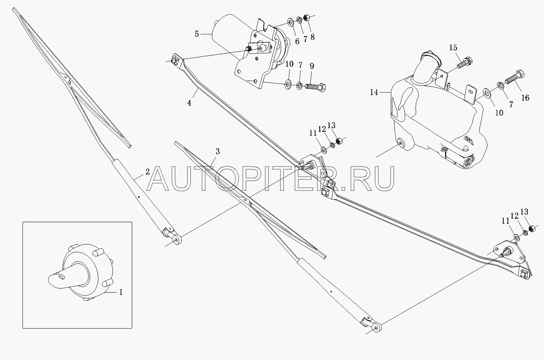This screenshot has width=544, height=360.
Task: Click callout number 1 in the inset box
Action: click(121, 292)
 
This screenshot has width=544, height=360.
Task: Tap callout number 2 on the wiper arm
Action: click(148, 172)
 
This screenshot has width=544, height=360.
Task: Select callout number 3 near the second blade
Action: click(217, 152)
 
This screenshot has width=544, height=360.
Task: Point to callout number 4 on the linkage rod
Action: click(189, 103)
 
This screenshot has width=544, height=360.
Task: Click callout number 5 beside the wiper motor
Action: click(197, 34)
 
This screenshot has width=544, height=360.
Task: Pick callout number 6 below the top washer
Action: click(297, 41)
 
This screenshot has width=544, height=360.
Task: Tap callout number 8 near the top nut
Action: click(313, 37)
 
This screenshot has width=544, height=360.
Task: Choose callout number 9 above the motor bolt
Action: click(312, 66)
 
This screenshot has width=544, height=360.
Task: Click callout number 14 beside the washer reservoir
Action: click(374, 93)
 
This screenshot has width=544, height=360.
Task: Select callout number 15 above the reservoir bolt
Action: click(453, 48)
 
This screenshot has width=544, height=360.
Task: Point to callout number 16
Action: click(525, 98)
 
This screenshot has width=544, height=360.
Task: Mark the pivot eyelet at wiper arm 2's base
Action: click(177, 239)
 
